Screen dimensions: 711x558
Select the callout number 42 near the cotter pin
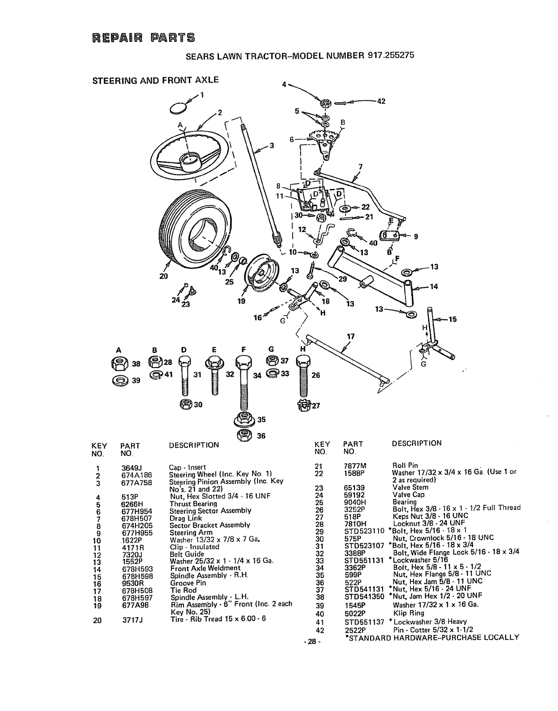pyautogui.click(x=381, y=101)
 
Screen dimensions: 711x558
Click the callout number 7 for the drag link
pyautogui.click(x=360, y=167)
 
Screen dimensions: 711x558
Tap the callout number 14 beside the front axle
pyautogui.click(x=433, y=287)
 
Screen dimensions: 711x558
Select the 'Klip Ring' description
pyautogui.click(x=405, y=613)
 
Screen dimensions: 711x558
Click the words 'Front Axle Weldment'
pyautogui.click(x=205, y=568)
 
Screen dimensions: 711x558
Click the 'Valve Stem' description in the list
pyautogui.click(x=410, y=487)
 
